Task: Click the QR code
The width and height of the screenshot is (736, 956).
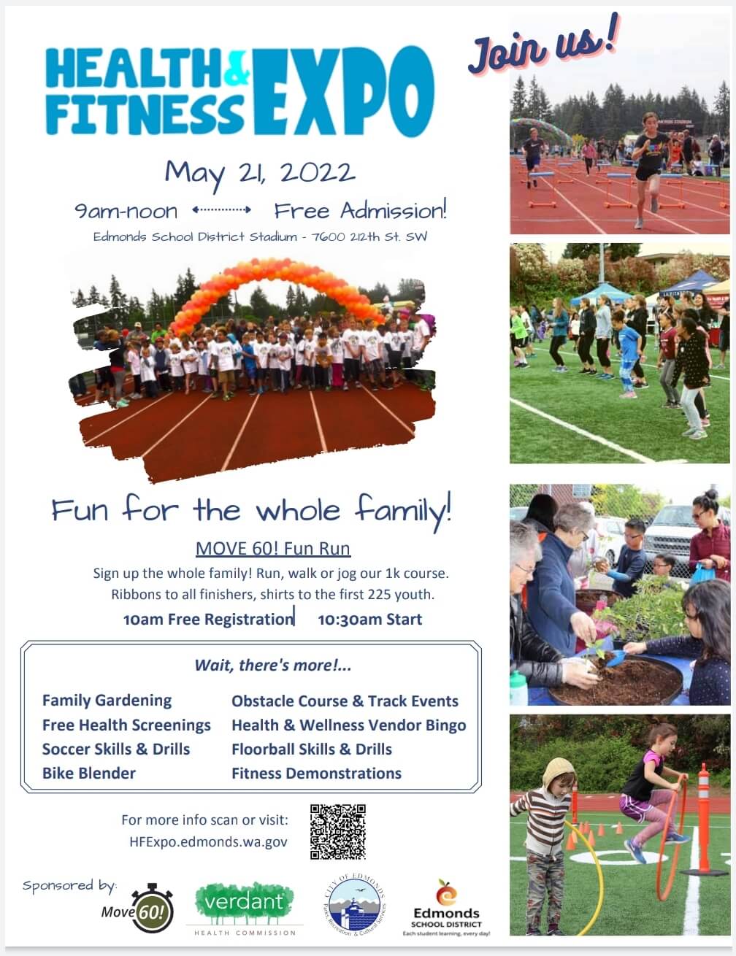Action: click(337, 832)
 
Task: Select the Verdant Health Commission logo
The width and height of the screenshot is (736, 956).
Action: click(245, 907)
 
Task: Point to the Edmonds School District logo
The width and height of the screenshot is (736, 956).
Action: click(446, 908)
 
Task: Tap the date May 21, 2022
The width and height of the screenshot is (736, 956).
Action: click(260, 174)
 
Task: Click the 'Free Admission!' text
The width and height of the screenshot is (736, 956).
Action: click(360, 212)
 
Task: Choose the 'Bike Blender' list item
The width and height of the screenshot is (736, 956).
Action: click(89, 773)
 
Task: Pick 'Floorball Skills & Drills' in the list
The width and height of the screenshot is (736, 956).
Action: click(312, 749)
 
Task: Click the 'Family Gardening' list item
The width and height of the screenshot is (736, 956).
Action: click(107, 701)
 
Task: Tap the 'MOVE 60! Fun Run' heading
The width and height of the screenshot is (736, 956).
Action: click(273, 548)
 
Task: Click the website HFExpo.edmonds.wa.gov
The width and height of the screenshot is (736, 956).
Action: click(208, 841)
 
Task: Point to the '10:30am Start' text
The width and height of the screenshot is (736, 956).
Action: click(370, 620)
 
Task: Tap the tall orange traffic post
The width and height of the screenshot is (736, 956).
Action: click(703, 817)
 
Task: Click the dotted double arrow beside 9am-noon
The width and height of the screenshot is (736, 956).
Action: click(222, 211)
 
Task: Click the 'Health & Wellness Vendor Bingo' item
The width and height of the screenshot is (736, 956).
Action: click(348, 725)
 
